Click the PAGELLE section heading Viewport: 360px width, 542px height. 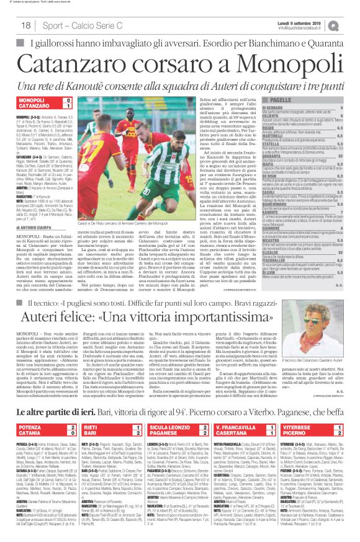click(286, 100)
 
